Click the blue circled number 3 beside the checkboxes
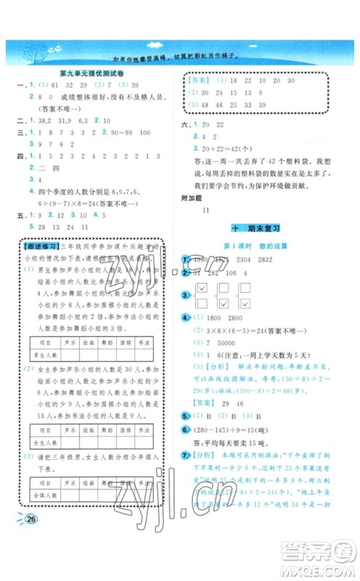click(x=187, y=293)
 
